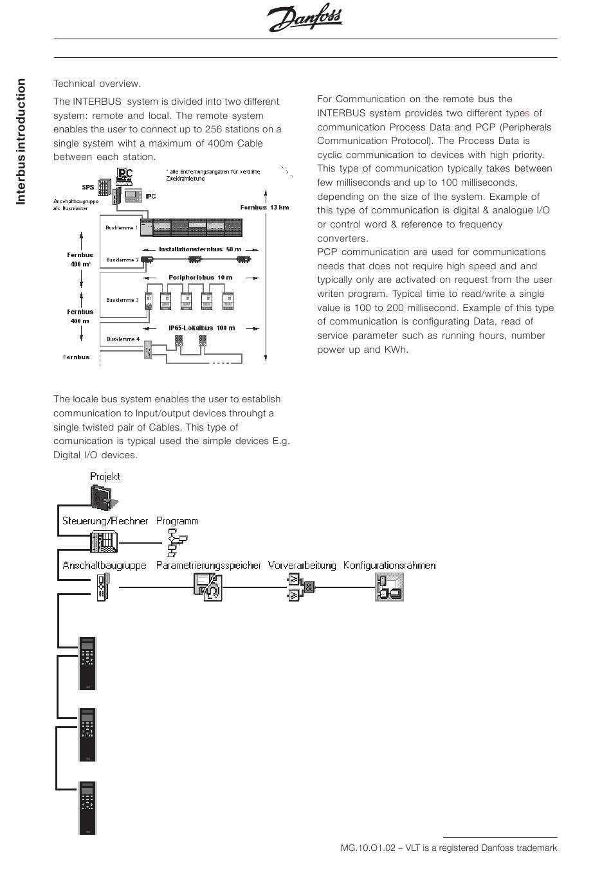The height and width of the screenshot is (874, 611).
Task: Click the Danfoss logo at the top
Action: [x=305, y=19]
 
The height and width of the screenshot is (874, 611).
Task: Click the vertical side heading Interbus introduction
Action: [x=21, y=141]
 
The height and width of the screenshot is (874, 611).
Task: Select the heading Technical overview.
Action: [x=96, y=84]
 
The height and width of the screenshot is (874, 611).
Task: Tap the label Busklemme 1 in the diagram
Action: [x=122, y=227]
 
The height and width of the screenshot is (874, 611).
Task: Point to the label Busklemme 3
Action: [x=122, y=300]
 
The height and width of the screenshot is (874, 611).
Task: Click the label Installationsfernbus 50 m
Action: [x=200, y=249]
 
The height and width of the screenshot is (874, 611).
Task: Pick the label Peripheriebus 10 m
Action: [x=200, y=277]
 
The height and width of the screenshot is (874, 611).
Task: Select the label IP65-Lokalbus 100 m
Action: [x=201, y=328]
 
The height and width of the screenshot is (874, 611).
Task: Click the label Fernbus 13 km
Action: [x=264, y=208]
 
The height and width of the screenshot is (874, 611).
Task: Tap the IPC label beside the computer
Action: [x=150, y=196]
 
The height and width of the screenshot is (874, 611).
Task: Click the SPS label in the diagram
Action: [x=88, y=187]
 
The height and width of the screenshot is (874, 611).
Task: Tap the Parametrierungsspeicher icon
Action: [x=208, y=587]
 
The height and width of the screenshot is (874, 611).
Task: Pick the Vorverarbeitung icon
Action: [x=300, y=587]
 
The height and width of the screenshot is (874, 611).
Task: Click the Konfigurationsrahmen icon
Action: [x=389, y=587]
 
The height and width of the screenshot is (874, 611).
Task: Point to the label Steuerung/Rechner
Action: [x=105, y=521]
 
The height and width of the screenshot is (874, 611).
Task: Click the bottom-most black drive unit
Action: [x=87, y=808]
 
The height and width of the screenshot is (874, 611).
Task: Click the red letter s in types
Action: [x=527, y=113]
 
